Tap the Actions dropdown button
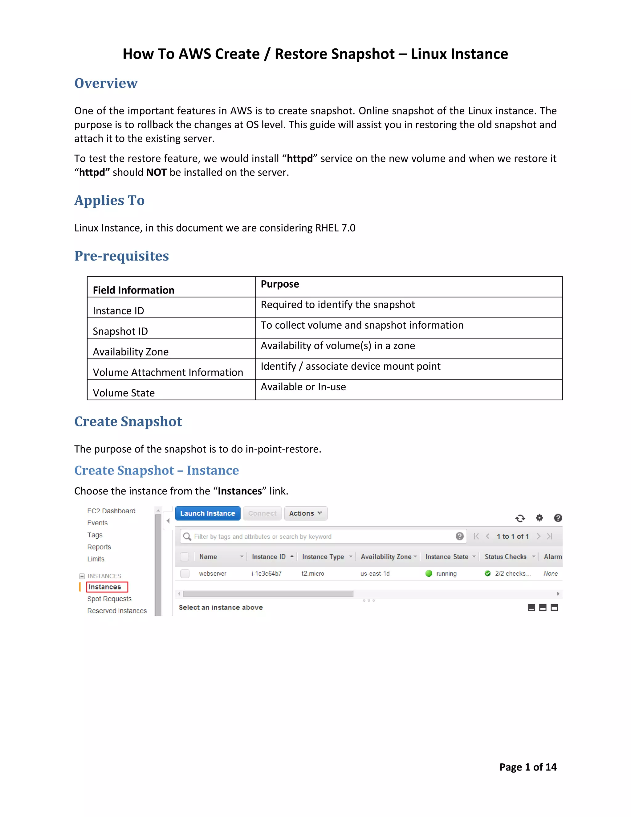pos(305,513)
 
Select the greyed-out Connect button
pos(262,513)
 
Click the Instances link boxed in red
pos(105,587)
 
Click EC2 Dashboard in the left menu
pos(111,511)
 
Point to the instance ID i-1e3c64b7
pos(266,573)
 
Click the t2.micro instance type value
pos(312,573)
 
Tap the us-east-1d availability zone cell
pos(375,573)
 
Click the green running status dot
pos(429,573)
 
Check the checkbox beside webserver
pos(185,573)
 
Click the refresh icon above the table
pos(520,518)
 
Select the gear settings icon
pos(539,518)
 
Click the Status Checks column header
pos(505,556)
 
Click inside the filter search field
pos(318,536)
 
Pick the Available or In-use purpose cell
pos(303,387)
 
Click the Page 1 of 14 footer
pos(527,767)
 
